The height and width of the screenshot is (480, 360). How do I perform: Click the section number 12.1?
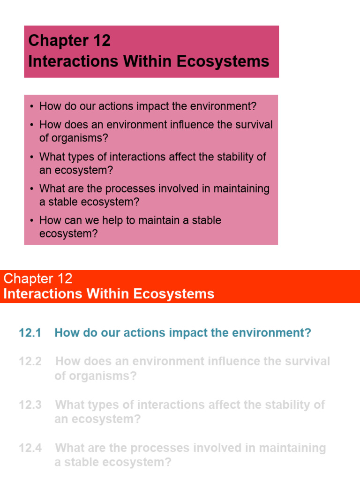click(x=30, y=333)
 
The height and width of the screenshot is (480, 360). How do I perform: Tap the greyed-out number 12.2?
click(x=30, y=361)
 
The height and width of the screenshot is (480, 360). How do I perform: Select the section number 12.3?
click(x=30, y=405)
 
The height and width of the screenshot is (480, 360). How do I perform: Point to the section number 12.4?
click(x=30, y=448)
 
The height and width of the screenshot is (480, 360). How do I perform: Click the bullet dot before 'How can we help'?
click(x=31, y=221)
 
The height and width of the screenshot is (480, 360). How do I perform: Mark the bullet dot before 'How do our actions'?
click(x=31, y=106)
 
